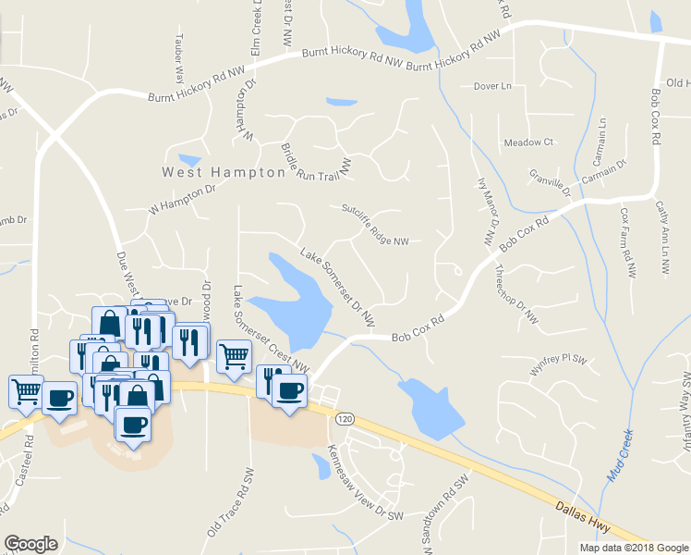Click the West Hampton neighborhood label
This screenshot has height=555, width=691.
pyautogui.click(x=224, y=172)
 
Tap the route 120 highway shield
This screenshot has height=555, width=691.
pyautogui.click(x=345, y=419)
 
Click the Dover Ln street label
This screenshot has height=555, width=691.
pyautogui.click(x=491, y=86)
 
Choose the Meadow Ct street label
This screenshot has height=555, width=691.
pyautogui.click(x=527, y=142)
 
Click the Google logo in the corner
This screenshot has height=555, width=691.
pyautogui.click(x=30, y=544)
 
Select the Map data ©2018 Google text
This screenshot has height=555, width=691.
pyautogui.click(x=633, y=548)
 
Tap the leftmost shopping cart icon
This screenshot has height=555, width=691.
pyautogui.click(x=26, y=389)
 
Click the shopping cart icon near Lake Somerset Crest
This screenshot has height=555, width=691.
pyautogui.click(x=235, y=354)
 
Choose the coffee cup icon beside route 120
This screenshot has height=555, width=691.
pyautogui.click(x=290, y=389)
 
